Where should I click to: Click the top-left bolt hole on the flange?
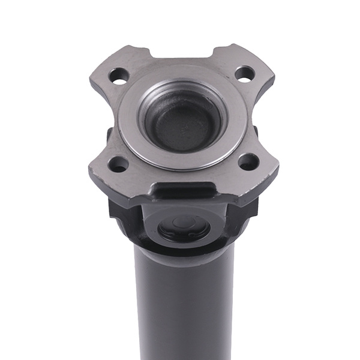coord(119,76)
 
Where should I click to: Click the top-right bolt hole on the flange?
coord(244,74)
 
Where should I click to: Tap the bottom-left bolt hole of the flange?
coord(118,164)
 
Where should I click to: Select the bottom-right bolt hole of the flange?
coord(248,161)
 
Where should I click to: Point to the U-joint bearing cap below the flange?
coord(184,228)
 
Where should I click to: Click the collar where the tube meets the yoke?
coord(184,255)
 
